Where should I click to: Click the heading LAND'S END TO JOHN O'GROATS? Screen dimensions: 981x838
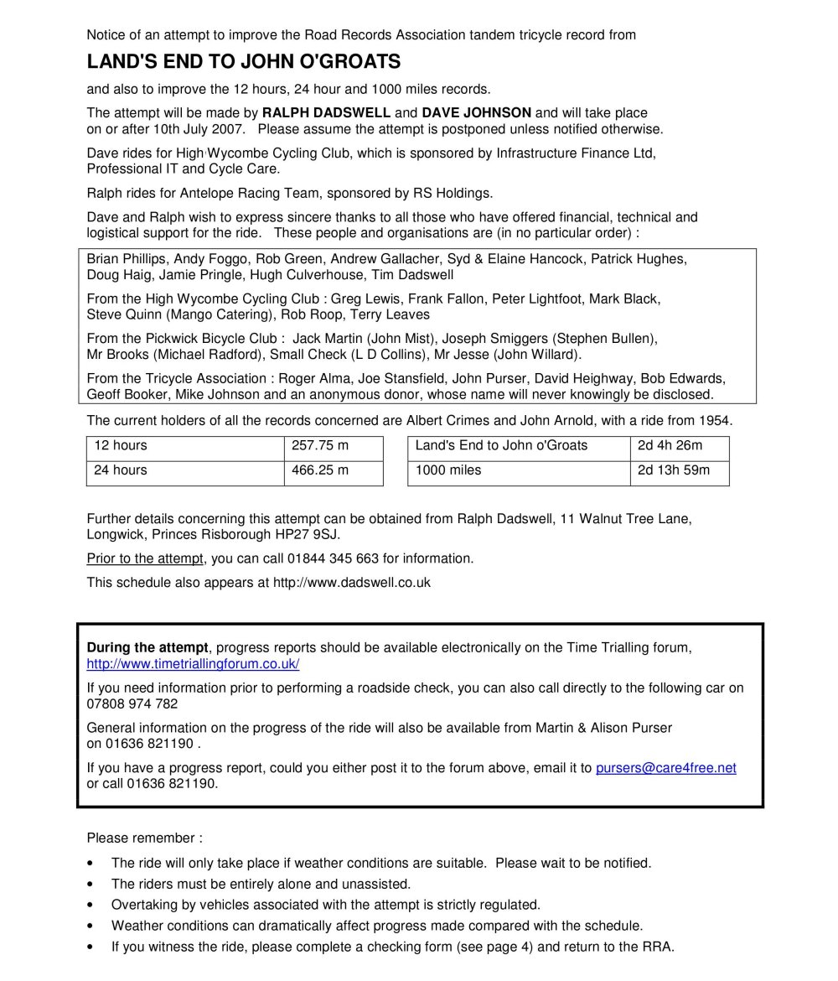[244, 62]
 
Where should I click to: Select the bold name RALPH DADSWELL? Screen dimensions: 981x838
[326, 112]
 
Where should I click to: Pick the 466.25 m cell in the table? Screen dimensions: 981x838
[320, 470]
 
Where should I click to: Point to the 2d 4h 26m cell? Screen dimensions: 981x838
[670, 445]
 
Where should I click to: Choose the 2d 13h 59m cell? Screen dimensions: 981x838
[673, 470]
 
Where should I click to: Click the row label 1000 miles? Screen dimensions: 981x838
[448, 470]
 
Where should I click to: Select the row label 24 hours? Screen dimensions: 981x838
[121, 470]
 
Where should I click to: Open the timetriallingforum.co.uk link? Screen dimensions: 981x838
[193, 664]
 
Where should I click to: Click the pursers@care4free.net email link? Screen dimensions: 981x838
[665, 768]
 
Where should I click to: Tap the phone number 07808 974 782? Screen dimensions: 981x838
[132, 704]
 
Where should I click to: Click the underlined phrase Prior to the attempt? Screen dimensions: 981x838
[145, 558]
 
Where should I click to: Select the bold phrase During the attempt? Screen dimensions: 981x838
[147, 648]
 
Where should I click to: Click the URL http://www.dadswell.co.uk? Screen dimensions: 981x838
[352, 582]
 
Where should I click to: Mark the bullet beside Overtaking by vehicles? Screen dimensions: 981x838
[91, 906]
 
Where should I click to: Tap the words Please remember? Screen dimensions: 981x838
[143, 838]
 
